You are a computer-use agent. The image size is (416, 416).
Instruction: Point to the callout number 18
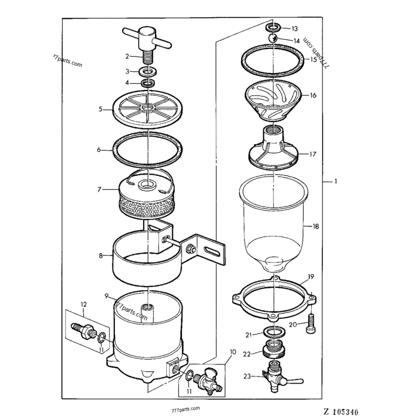(x=315, y=226)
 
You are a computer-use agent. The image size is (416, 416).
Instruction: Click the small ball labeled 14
(x=271, y=39)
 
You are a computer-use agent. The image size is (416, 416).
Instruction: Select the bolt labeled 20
(x=311, y=324)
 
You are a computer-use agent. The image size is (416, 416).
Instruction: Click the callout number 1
(x=336, y=181)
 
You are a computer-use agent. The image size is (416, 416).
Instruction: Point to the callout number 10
(x=232, y=352)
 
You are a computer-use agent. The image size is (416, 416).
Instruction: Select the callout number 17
(x=313, y=154)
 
